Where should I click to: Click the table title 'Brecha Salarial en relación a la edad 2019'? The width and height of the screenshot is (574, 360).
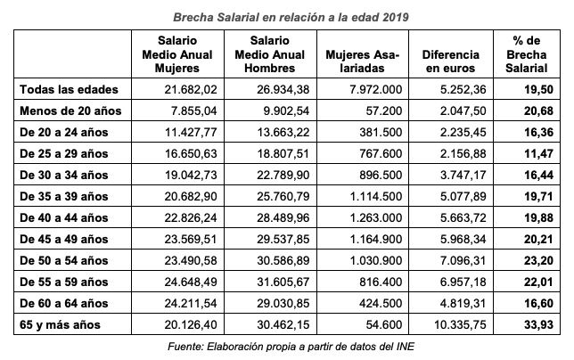coord(287,15)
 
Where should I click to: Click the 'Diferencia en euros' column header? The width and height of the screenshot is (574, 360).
coord(451,54)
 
